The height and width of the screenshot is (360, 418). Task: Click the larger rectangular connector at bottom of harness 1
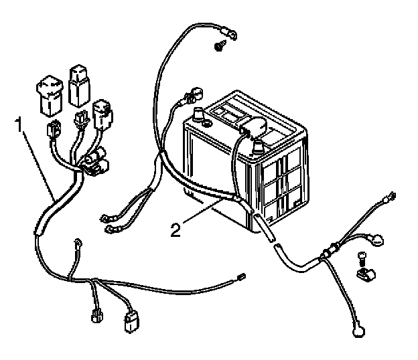(x=131, y=323)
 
